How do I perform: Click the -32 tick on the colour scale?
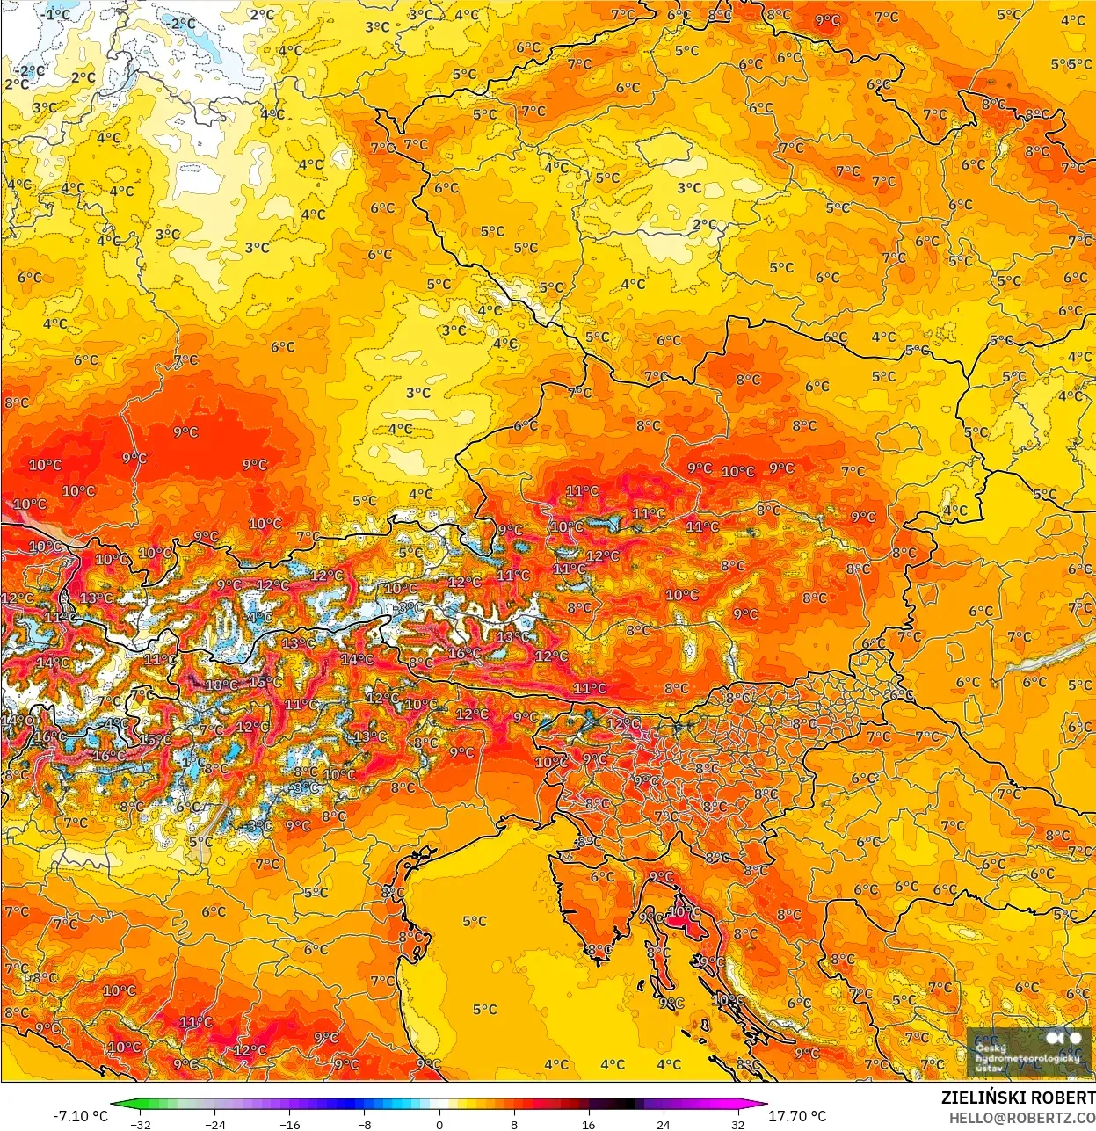click(x=141, y=1124)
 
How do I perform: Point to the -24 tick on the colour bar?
click(x=215, y=1124)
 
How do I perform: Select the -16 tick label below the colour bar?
click(x=290, y=1124)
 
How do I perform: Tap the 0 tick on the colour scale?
click(x=439, y=1124)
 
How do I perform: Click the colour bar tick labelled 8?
click(x=514, y=1124)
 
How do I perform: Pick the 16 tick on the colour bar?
click(x=589, y=1124)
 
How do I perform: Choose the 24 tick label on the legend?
click(x=664, y=1124)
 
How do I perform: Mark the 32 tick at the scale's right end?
click(x=738, y=1124)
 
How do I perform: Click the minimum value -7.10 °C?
click(x=81, y=1116)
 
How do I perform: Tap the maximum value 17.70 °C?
click(x=797, y=1116)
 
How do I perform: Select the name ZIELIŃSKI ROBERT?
click(x=1018, y=1098)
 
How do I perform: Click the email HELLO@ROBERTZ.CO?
click(x=1021, y=1117)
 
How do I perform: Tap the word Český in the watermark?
click(x=991, y=1048)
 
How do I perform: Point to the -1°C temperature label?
click(x=58, y=15)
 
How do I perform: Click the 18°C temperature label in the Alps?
click(x=221, y=685)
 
